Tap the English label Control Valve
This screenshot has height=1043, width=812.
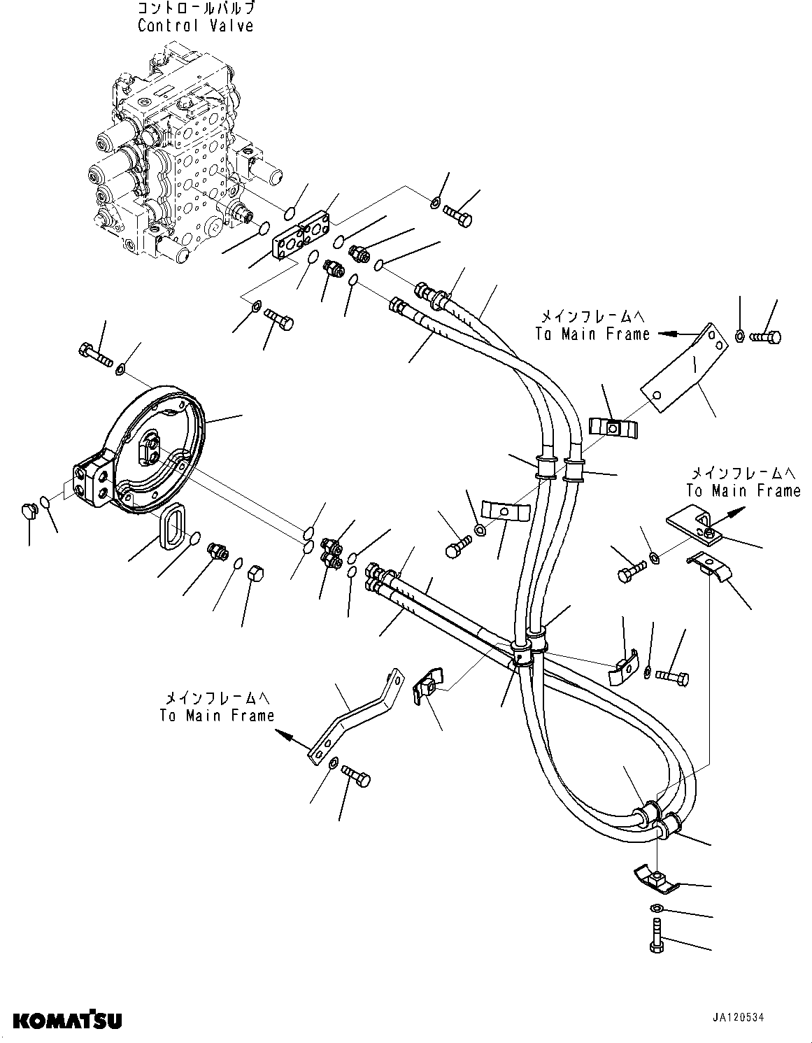(x=195, y=26)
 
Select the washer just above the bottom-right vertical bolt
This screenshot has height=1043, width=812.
(x=658, y=908)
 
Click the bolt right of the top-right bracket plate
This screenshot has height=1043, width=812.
(x=764, y=338)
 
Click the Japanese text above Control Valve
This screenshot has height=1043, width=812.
(x=195, y=9)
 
